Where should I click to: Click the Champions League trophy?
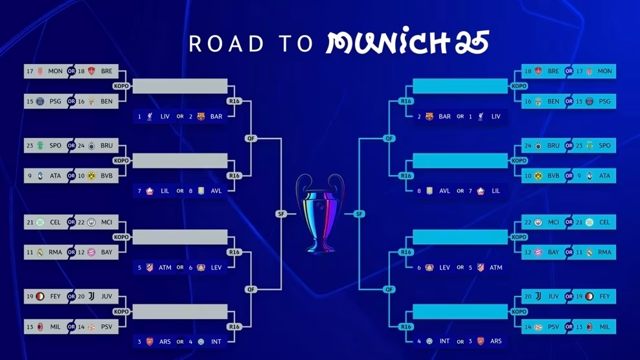tap(320, 213)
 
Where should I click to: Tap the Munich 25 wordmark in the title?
tap(407, 43)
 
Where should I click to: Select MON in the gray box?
tap(56, 71)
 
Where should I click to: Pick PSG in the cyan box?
tap(605, 102)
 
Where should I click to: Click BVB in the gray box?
tap(106, 176)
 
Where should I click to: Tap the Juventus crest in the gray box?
tap(91, 297)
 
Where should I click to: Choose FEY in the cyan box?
tap(605, 297)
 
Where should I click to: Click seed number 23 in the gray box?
tap(30, 146)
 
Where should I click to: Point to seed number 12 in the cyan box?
tap(528, 253)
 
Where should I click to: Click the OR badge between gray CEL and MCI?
tap(71, 223)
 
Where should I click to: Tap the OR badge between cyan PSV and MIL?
tap(569, 327)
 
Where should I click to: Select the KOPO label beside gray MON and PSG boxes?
tap(121, 86)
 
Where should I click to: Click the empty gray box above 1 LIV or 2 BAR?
tap(180, 86)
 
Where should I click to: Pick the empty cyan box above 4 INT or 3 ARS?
tap(460, 311)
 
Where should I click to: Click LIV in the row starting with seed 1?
tap(165, 117)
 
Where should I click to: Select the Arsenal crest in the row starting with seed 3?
tap(150, 341)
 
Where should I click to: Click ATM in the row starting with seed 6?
tap(496, 267)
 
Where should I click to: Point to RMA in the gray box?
tap(56, 253)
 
